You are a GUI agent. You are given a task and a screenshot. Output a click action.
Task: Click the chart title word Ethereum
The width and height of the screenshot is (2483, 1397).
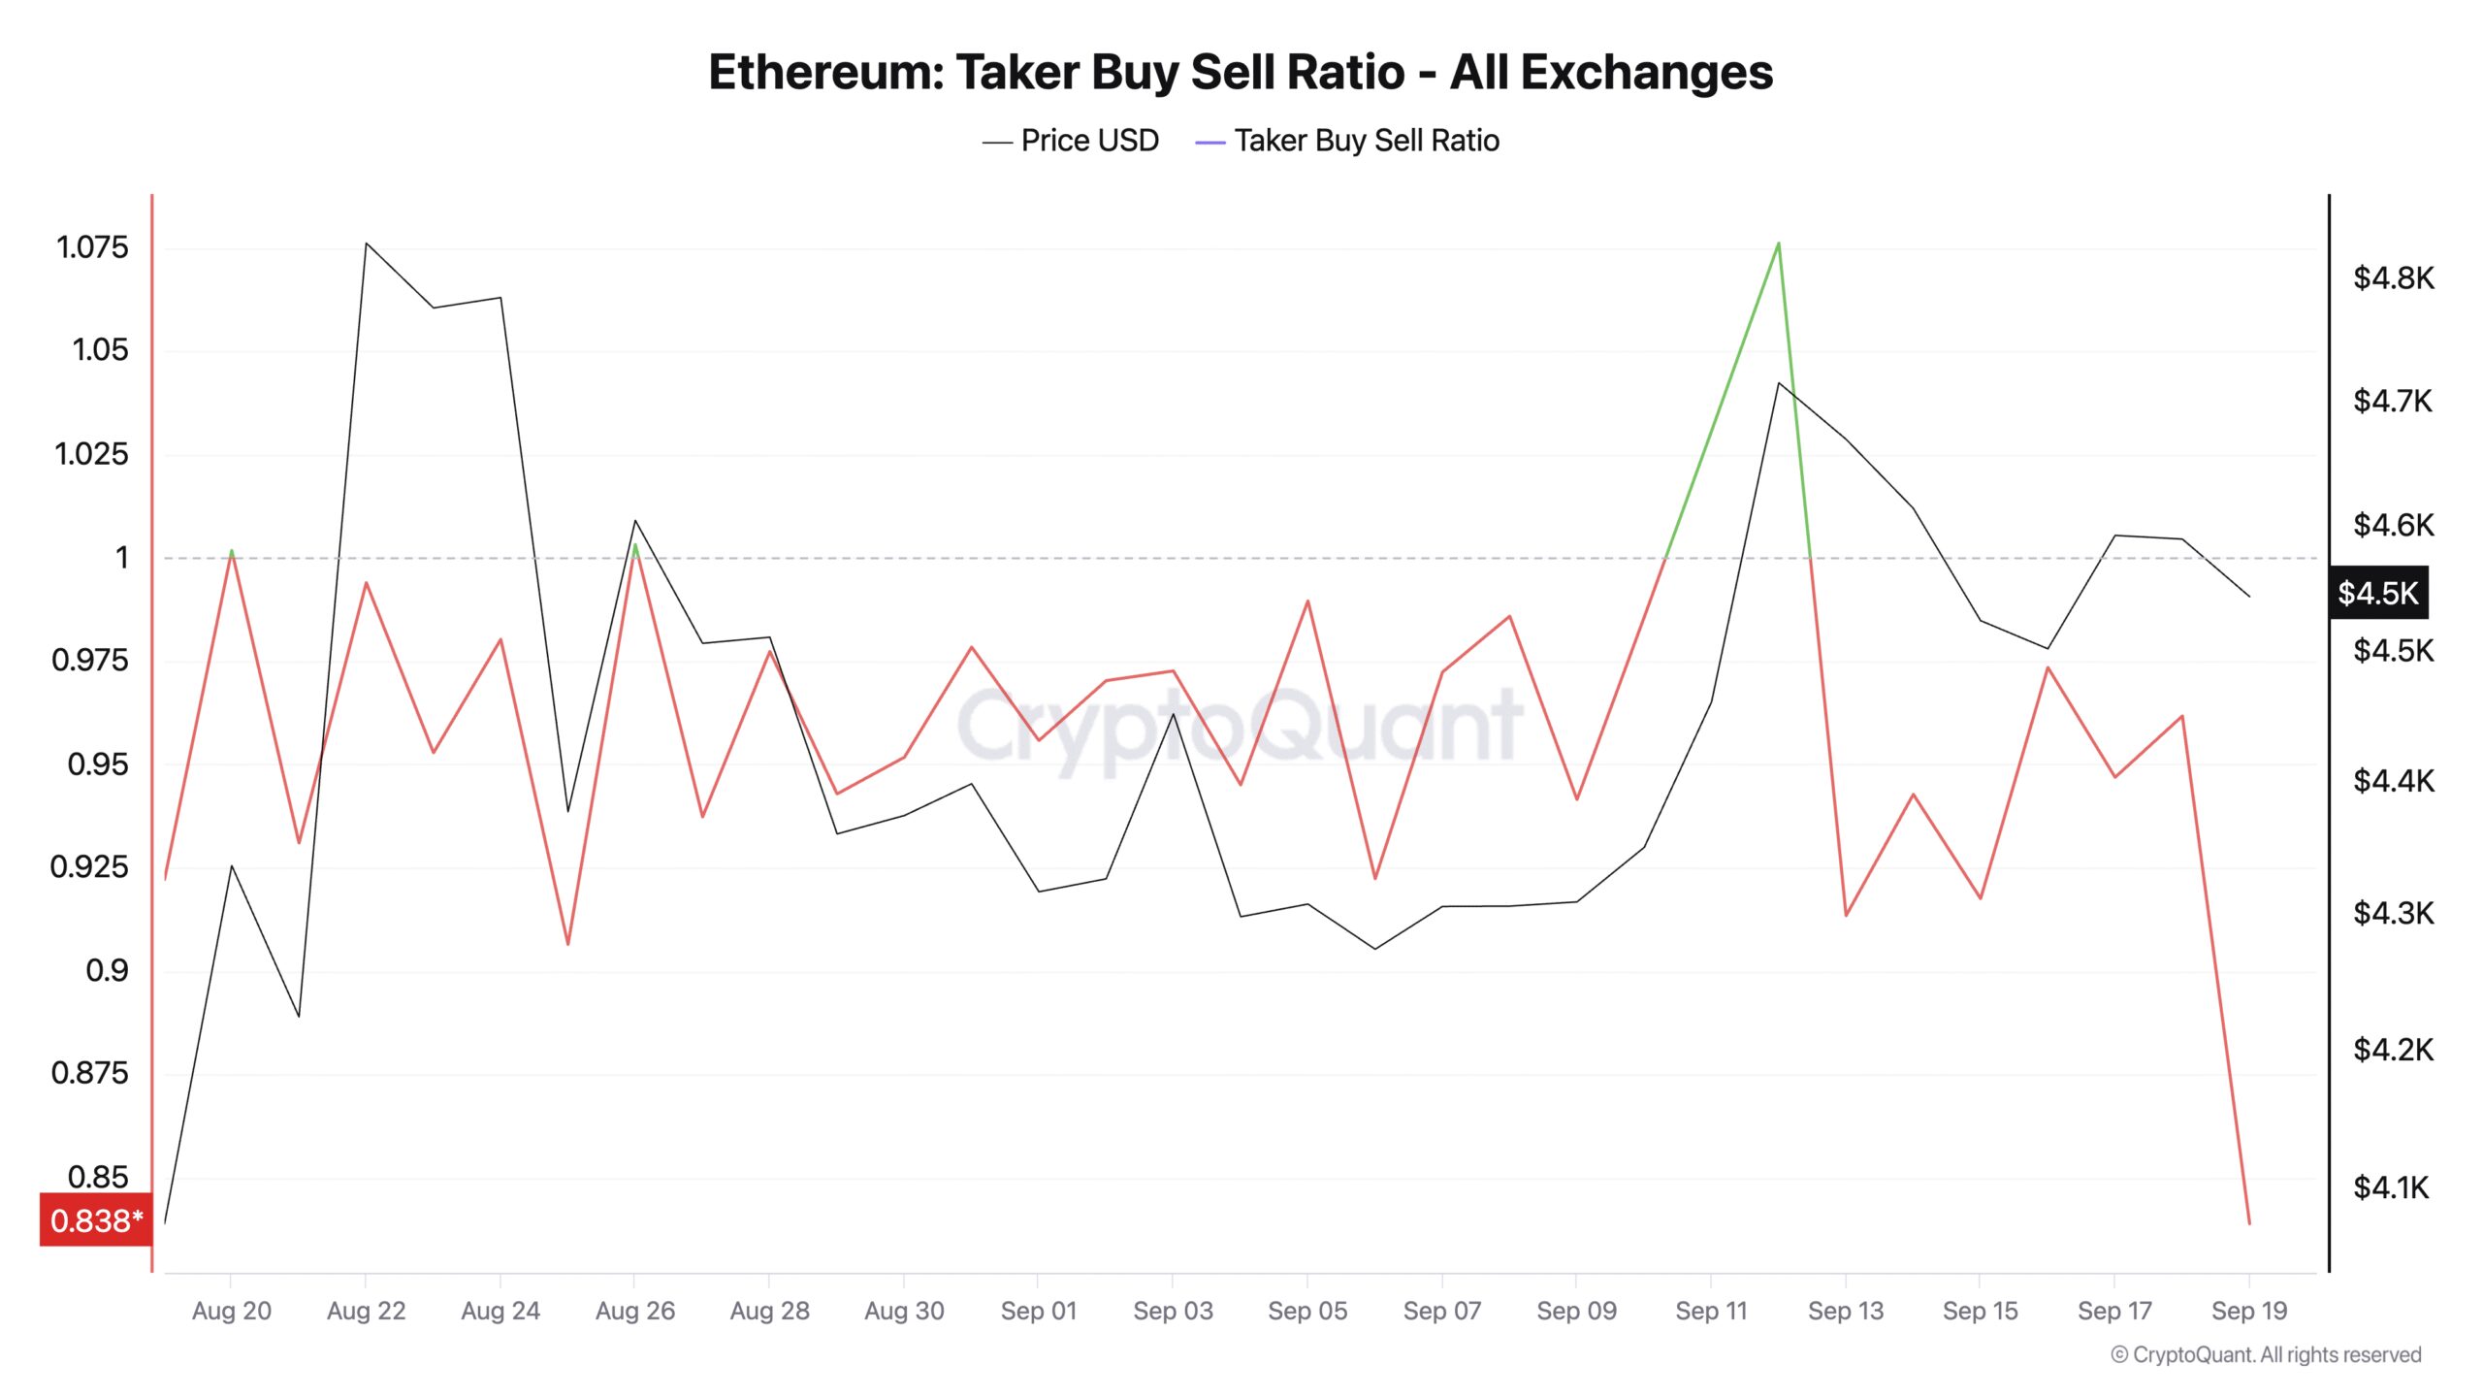tap(825, 73)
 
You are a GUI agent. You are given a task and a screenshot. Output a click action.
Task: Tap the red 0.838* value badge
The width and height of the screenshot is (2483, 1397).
tap(96, 1219)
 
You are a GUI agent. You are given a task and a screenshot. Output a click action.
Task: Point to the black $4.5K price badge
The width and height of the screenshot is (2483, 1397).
tap(2377, 593)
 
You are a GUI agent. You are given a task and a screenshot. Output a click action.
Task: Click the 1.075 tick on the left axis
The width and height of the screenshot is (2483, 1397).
tap(92, 247)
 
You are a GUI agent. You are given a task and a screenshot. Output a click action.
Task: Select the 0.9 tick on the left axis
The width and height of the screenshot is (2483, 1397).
tap(107, 970)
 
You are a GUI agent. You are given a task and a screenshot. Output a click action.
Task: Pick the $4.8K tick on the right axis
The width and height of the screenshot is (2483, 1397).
tap(2393, 278)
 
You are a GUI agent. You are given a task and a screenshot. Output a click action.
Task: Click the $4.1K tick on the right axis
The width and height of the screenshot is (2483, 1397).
tap(2391, 1187)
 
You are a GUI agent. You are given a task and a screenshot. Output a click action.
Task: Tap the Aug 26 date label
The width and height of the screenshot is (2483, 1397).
tap(634, 1311)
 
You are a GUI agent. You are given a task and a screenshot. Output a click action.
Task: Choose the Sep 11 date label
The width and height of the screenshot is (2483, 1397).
tap(1710, 1311)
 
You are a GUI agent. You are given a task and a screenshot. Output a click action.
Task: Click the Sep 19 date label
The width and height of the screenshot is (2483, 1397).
tap(2248, 1311)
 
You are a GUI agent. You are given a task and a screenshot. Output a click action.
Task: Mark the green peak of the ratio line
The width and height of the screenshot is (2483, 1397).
tap(1778, 243)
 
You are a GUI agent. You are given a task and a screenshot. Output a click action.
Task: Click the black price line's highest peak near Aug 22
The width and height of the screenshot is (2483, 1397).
tap(366, 244)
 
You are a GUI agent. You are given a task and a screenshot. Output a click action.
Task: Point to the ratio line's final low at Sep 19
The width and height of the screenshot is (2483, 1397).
tap(2248, 1222)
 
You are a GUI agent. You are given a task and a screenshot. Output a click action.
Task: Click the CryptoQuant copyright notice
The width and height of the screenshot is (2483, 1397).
tap(2266, 1354)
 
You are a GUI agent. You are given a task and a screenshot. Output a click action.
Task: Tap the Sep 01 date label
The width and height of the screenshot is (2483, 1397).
tap(1038, 1311)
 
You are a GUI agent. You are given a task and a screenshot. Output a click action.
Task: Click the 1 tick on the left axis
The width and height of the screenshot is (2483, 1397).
tap(121, 558)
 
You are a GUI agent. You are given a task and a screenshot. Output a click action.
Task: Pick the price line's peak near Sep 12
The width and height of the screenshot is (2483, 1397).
tap(1778, 383)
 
